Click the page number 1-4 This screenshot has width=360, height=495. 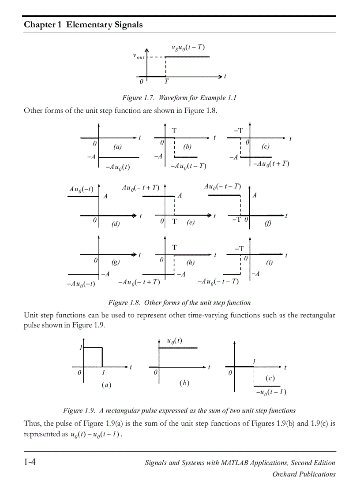pyautogui.click(x=30, y=462)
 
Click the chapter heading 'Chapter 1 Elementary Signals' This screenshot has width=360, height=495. pyautogui.click(x=83, y=25)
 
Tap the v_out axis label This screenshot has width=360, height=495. pyautogui.click(x=139, y=56)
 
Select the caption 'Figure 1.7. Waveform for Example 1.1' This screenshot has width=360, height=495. pyautogui.click(x=179, y=97)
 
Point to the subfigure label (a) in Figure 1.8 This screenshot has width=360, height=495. pyautogui.click(x=117, y=147)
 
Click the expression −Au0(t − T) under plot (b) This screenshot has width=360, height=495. pyautogui.click(x=188, y=166)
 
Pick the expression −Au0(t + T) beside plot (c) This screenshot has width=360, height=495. pyautogui.click(x=271, y=164)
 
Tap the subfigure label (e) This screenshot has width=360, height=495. pyautogui.click(x=190, y=223)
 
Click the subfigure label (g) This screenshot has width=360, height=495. pyautogui.click(x=115, y=262)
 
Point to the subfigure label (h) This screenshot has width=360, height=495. pyautogui.click(x=190, y=263)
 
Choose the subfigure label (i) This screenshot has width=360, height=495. pyautogui.click(x=269, y=263)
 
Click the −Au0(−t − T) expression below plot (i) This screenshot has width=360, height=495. pyautogui.click(x=218, y=282)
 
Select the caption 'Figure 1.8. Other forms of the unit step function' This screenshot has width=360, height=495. pyautogui.click(x=179, y=302)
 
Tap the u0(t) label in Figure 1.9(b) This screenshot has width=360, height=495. pyautogui.click(x=174, y=341)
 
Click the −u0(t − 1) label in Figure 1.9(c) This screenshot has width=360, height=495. pyautogui.click(x=271, y=392)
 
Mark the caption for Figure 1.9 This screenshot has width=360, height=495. pyautogui.click(x=179, y=410)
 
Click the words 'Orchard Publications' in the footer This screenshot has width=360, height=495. pyautogui.click(x=304, y=474)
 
